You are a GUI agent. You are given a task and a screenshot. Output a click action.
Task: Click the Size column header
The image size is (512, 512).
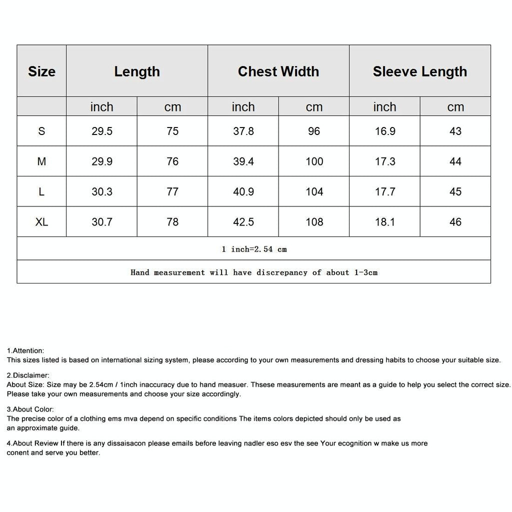tap(41, 71)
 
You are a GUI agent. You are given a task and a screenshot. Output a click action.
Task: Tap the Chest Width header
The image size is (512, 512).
tap(278, 71)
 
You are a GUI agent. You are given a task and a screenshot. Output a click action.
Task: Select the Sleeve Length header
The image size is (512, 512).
tap(419, 71)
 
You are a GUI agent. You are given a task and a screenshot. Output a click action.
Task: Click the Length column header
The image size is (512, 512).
tap(136, 71)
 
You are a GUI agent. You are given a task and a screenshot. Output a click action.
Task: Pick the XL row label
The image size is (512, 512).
tap(41, 222)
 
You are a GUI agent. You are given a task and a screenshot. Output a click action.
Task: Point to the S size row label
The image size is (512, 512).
tap(41, 131)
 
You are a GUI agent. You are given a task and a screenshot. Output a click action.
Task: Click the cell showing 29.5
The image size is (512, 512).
tap(101, 131)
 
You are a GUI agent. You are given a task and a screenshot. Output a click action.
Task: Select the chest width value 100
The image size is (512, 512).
tap(314, 161)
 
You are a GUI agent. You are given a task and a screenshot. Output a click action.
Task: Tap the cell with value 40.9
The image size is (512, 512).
tap(243, 191)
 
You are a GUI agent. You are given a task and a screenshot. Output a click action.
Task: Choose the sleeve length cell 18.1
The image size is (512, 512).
tap(385, 222)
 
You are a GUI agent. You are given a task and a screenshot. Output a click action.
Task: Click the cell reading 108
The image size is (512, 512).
tap(314, 222)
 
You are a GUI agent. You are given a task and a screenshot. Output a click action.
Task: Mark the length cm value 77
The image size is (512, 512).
tap(172, 191)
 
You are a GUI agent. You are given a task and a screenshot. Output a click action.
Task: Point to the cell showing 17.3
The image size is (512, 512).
tap(385, 161)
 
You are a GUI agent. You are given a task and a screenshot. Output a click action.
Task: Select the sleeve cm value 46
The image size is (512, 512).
tap(455, 222)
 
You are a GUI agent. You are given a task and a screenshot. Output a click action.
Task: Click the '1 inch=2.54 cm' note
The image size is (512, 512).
tap(254, 249)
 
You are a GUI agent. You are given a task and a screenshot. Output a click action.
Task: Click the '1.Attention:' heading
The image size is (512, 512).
tap(25, 351)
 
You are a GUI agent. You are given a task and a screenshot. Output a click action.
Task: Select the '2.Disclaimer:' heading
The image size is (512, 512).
tap(28, 375)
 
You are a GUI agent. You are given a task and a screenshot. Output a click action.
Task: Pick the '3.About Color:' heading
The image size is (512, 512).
tap(30, 409)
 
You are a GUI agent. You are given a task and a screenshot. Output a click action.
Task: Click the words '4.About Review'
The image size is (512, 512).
tap(32, 443)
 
